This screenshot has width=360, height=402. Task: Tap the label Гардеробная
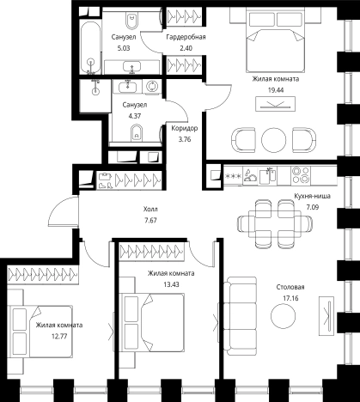186,37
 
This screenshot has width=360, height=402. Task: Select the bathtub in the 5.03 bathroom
90,48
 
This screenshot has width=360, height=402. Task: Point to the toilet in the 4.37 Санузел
137,133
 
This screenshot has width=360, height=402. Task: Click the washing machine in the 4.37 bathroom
152,86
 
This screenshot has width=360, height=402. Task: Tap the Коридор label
185,128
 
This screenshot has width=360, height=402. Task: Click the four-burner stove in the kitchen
301,175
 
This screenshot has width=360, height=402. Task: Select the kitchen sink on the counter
268,175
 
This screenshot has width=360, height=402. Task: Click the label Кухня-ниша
313,196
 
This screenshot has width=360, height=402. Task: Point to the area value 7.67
150,221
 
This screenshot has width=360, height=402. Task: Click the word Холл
150,210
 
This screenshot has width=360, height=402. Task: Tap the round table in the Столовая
283,315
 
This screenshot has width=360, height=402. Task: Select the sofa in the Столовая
240,316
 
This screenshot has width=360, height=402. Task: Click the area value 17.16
290,298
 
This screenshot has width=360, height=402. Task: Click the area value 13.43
171,284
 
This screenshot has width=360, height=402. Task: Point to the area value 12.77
59,336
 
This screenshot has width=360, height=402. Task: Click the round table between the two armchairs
273,140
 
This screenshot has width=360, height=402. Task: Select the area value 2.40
186,48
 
